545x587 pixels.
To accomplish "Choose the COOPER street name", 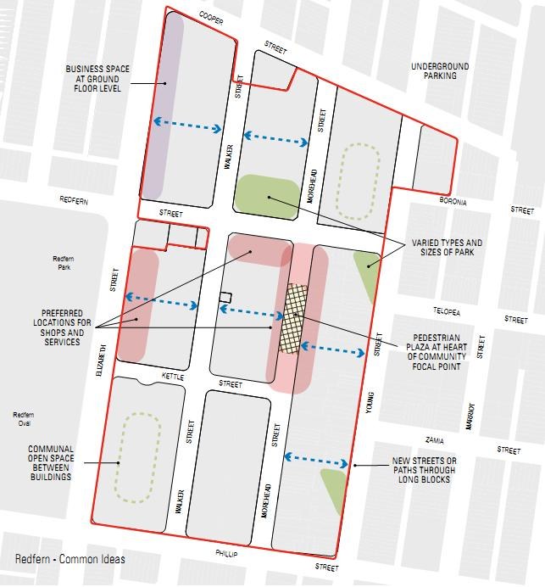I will click(210, 17).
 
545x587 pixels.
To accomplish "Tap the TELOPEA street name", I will click(448, 311).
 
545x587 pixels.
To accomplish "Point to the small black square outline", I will click(225, 296).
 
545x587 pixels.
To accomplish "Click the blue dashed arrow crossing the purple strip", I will click(187, 126).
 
